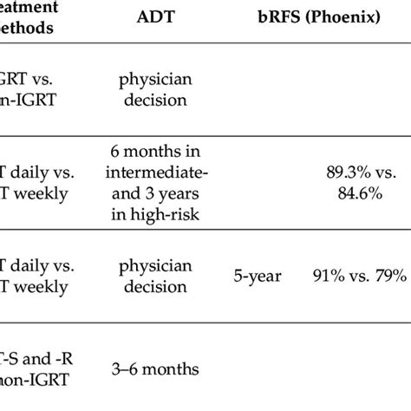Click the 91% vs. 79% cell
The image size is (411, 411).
coord(359,277)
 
